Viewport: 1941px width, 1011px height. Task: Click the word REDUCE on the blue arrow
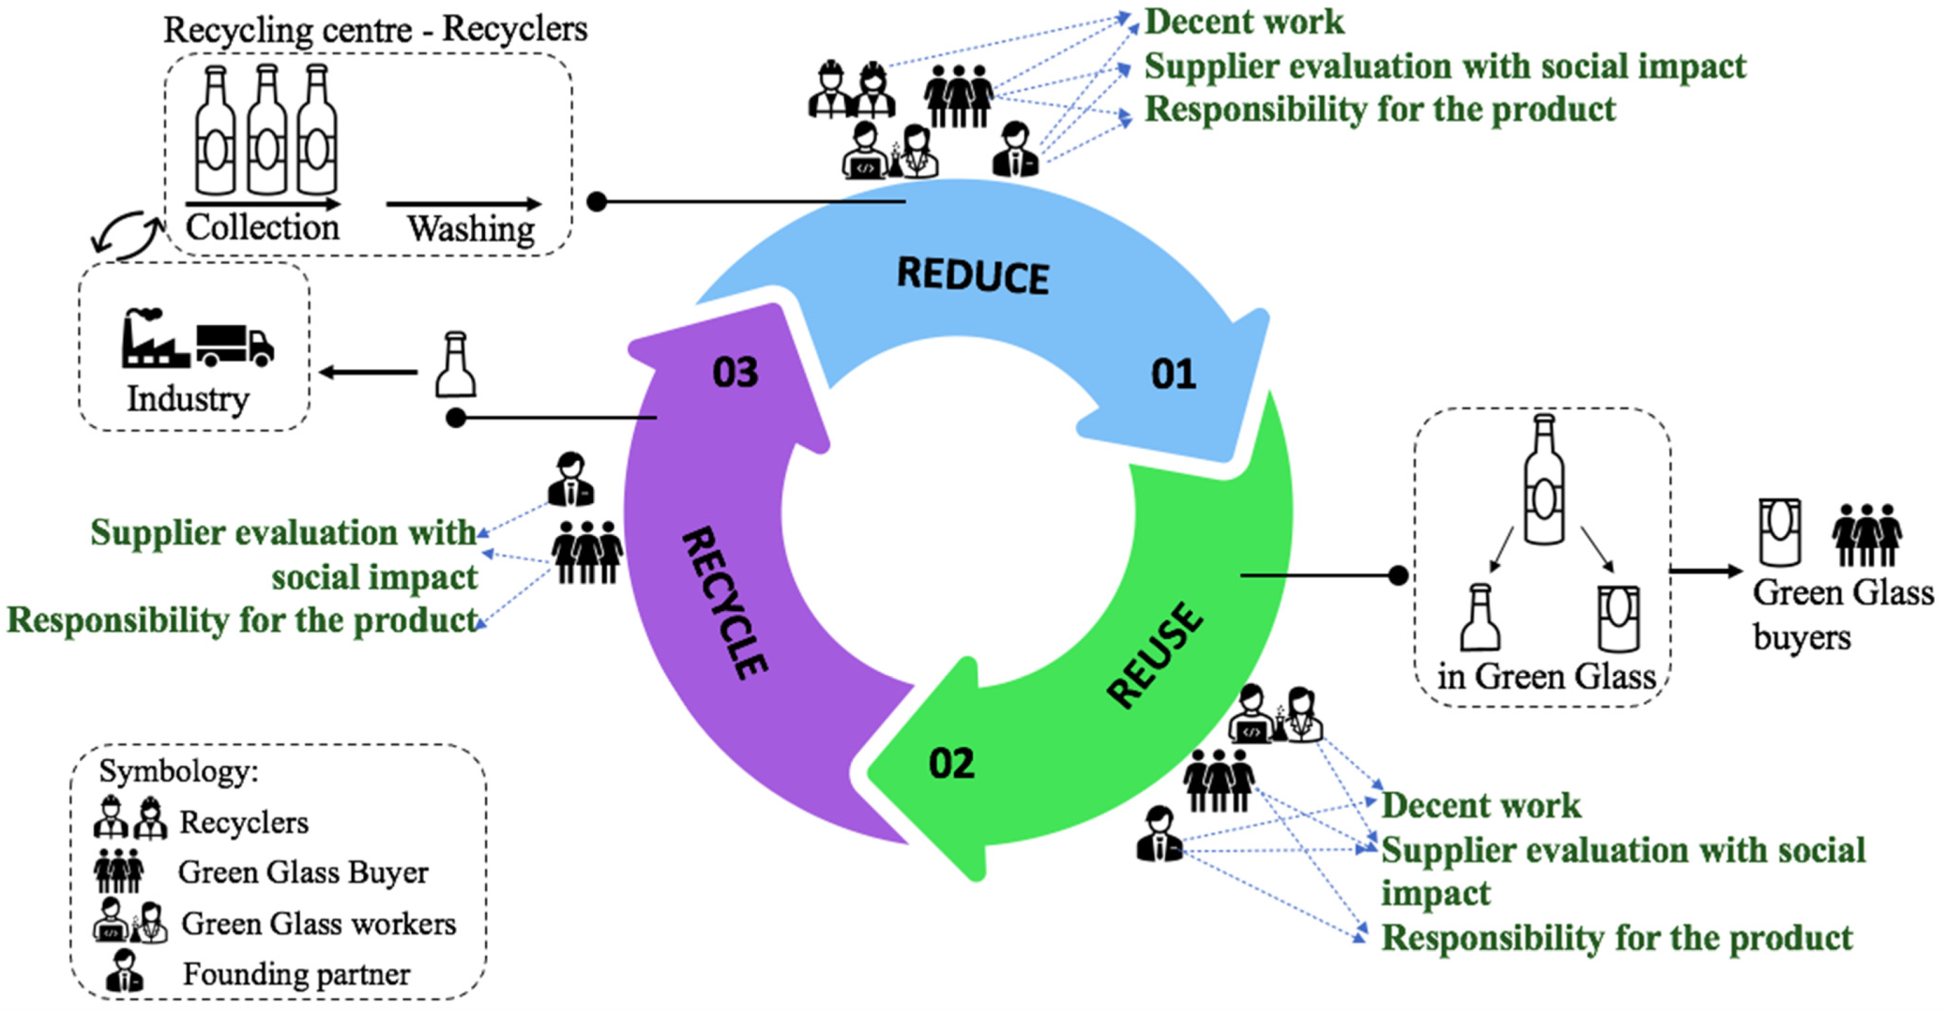973,276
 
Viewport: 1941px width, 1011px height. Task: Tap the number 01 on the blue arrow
1173,375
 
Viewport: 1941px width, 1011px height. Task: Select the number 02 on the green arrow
951,763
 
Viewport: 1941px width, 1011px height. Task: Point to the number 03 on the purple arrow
736,372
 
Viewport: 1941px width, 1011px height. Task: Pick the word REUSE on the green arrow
1156,655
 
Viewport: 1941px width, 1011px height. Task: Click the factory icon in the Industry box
155,340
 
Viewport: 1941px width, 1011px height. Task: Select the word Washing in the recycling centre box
471,228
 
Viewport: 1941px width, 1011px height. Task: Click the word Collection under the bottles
262,226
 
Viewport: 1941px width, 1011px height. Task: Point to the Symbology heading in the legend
179,770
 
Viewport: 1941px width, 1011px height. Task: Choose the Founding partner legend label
296,974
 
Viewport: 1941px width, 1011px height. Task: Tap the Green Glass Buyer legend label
303,872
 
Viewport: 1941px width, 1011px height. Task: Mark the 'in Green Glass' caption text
1546,676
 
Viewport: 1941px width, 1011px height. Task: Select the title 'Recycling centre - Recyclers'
375,30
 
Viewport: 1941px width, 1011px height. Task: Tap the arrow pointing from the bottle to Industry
369,372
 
